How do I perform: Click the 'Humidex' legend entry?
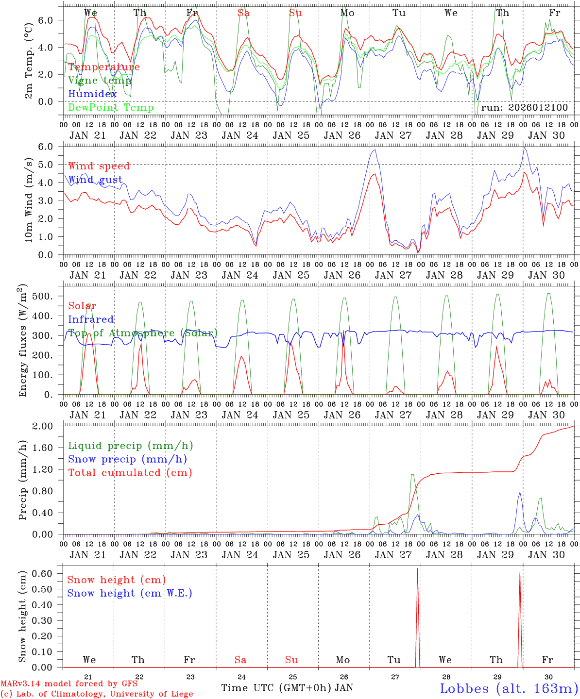(x=92, y=94)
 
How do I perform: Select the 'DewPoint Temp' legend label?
(x=111, y=108)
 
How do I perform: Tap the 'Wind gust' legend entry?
(x=95, y=180)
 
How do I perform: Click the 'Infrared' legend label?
(x=91, y=319)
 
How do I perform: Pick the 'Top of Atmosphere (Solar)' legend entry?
(x=143, y=333)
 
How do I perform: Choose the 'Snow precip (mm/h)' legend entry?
(x=127, y=459)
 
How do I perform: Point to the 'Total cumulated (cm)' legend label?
(x=130, y=473)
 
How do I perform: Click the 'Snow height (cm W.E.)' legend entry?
(x=129, y=593)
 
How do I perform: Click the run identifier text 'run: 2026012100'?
(x=524, y=108)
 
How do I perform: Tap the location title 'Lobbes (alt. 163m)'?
(x=509, y=688)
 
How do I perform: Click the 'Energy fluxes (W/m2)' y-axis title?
(x=23, y=342)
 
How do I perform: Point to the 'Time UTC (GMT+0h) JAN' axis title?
(x=287, y=688)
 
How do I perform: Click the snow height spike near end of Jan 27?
(x=418, y=582)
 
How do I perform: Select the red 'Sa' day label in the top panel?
(x=244, y=13)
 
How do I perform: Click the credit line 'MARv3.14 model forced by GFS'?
(x=68, y=684)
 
